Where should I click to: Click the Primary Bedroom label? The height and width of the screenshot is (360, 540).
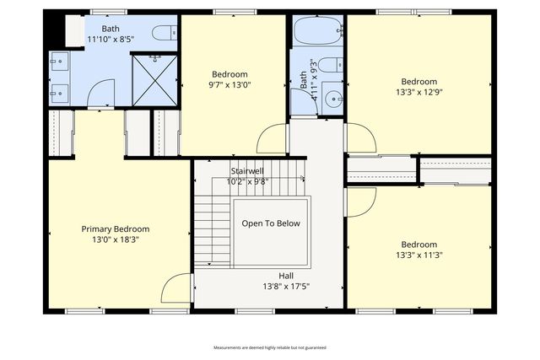coord(115,228)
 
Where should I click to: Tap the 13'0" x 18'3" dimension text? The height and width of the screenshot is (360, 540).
coord(115,239)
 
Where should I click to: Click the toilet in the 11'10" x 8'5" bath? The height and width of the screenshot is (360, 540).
coord(164,32)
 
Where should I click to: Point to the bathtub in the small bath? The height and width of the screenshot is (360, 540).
coord(317,32)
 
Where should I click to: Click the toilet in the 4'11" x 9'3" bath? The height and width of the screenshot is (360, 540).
coord(331,64)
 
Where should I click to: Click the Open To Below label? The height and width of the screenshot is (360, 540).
coord(271,223)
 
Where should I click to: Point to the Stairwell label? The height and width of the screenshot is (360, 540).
coord(247,171)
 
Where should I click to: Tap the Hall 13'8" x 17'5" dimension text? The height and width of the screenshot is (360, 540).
coord(287,286)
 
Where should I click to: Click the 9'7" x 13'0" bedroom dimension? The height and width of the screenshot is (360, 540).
coord(229,84)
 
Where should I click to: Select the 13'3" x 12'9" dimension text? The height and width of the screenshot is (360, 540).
coord(418,93)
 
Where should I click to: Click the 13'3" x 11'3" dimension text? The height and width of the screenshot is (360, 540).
coord(418,255)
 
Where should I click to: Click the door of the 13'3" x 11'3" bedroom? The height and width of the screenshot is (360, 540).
coord(361,201)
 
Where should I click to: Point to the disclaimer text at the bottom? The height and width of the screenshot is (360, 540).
coord(269,347)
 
